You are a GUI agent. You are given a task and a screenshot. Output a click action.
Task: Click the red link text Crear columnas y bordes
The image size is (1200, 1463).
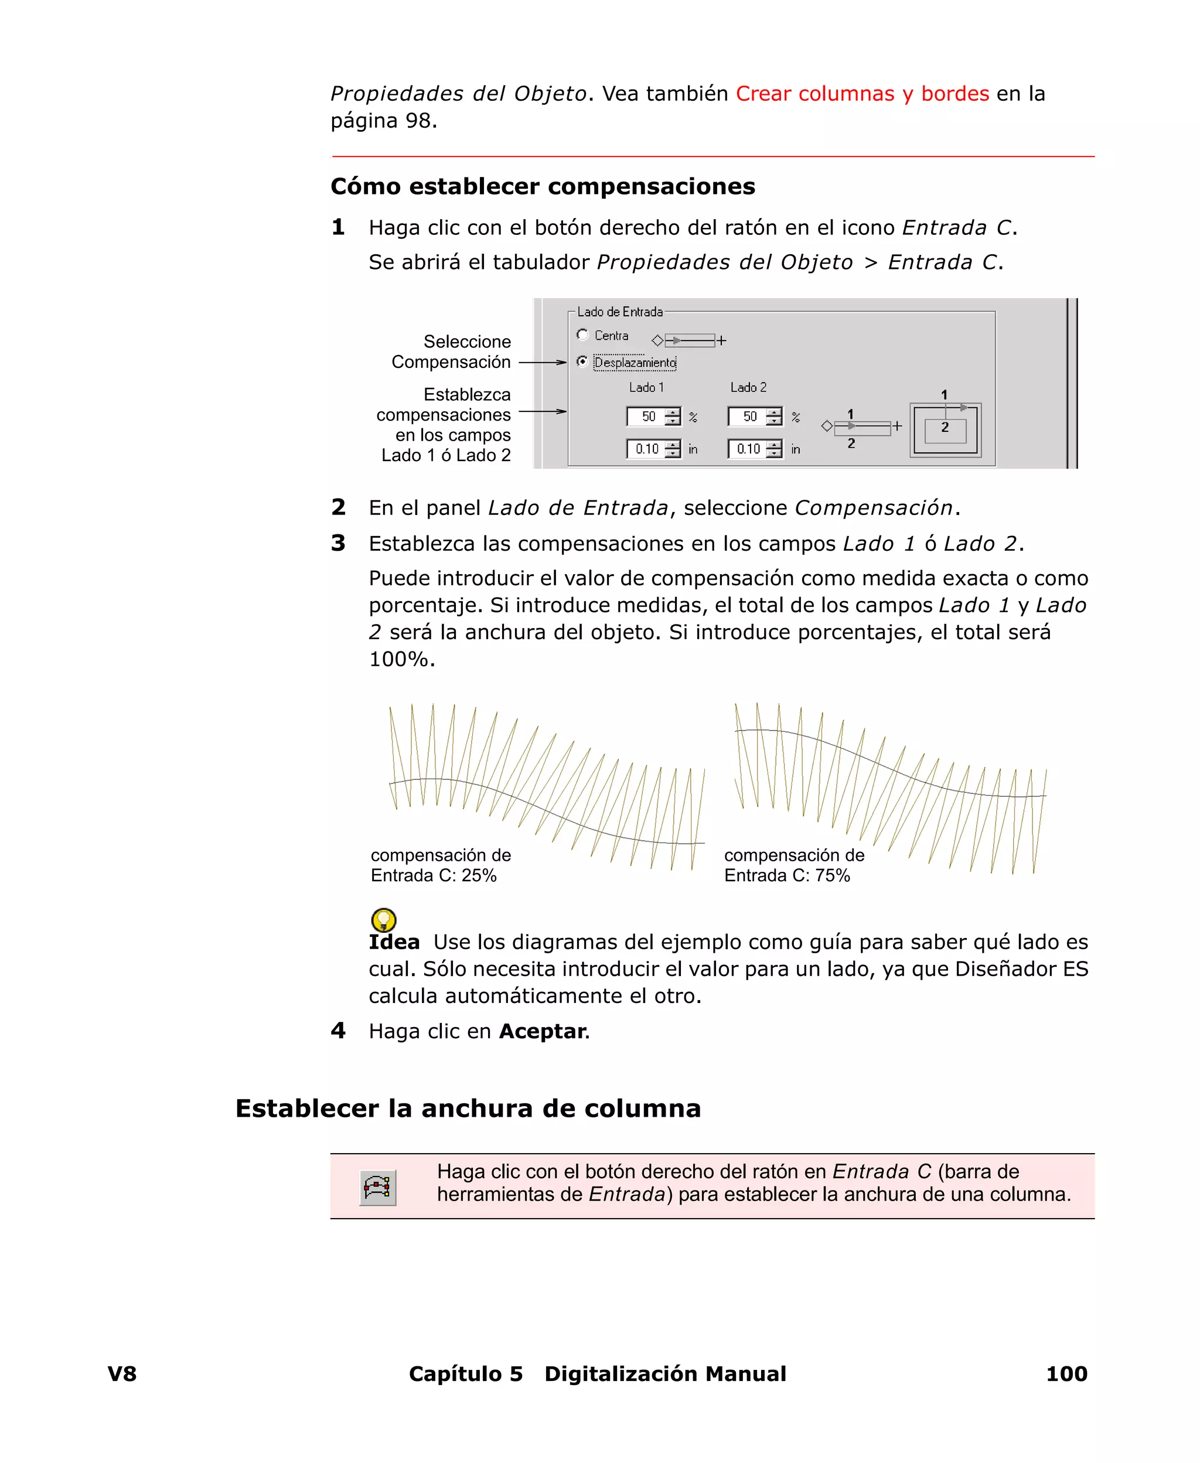pyautogui.click(x=862, y=93)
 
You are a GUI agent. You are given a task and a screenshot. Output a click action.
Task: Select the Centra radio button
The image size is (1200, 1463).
pyautogui.click(x=583, y=335)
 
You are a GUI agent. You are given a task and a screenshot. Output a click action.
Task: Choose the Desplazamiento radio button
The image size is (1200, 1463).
pyautogui.click(x=583, y=362)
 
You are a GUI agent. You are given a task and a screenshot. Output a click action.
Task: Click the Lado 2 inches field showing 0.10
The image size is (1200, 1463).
pyautogui.click(x=747, y=449)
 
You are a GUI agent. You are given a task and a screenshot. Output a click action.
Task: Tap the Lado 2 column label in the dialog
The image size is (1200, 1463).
pyautogui.click(x=748, y=388)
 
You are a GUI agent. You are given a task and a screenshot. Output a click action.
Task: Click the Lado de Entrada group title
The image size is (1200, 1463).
pyautogui.click(x=619, y=312)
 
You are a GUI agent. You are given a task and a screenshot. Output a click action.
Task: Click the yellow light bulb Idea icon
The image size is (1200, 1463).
pyautogui.click(x=384, y=920)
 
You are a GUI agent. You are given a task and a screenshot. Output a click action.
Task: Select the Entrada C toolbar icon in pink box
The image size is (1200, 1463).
pyautogui.click(x=377, y=1188)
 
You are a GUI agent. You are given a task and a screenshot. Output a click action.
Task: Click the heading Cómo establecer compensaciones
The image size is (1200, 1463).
pyautogui.click(x=543, y=186)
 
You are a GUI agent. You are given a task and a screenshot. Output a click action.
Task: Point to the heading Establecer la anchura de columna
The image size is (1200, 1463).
pyautogui.click(x=468, y=1109)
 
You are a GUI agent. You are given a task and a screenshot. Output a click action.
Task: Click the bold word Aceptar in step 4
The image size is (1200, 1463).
pyautogui.click(x=543, y=1031)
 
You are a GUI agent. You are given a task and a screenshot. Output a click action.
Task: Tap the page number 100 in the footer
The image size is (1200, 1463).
pyautogui.click(x=1066, y=1373)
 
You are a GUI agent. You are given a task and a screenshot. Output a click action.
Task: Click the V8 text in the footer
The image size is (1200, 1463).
pyautogui.click(x=122, y=1373)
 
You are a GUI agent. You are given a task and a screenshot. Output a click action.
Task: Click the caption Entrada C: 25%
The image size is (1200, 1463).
pyautogui.click(x=434, y=875)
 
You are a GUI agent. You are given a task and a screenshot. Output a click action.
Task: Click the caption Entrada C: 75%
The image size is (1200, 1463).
pyautogui.click(x=787, y=875)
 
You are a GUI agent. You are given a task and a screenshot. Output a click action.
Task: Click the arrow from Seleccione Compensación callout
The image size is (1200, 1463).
pyautogui.click(x=542, y=362)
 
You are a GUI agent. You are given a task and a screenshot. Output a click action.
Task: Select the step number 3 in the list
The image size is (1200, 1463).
pyautogui.click(x=338, y=543)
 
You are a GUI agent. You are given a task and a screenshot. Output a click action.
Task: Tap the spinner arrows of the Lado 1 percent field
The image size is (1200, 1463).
pyautogui.click(x=673, y=417)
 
